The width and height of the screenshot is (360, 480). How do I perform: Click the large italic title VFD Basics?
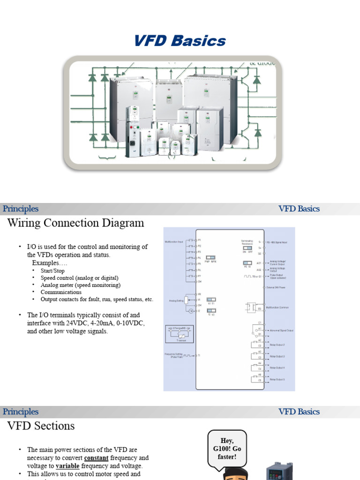tap(180, 41)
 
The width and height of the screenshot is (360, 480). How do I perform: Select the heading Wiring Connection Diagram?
tap(75, 223)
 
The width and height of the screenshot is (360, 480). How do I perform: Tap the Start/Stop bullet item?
tap(52, 271)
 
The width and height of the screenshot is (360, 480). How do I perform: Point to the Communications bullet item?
tap(61, 292)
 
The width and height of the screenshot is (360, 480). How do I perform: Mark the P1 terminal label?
tap(199, 240)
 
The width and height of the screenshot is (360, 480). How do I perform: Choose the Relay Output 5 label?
tap(277, 379)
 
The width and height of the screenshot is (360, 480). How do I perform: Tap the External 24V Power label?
tap(277, 287)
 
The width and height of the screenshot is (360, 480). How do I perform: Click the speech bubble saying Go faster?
tap(227, 449)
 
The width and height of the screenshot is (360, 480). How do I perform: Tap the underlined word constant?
tap(97, 457)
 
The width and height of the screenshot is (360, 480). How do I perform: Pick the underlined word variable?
tap(67, 466)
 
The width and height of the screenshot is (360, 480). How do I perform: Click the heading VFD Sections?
tap(41, 426)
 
